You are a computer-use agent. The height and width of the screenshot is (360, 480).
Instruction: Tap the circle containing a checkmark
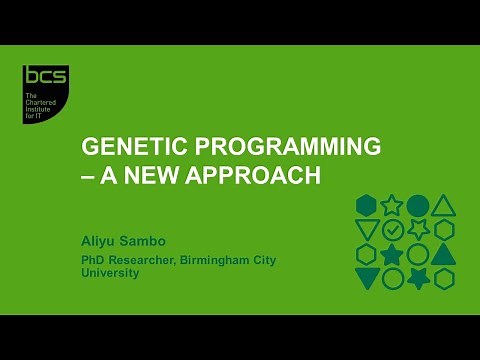pos(392,230)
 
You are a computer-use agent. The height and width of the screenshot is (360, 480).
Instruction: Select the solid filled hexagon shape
pos(366,206)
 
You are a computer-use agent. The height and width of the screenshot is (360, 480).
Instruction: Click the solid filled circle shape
pos(418,206)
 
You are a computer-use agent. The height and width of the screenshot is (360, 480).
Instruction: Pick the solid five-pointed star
pos(392,254)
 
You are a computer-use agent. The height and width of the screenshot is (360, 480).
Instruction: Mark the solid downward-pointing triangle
pos(366,278)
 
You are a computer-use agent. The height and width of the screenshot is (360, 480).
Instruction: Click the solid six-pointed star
pos(418,278)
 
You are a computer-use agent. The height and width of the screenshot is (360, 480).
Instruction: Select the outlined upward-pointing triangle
pos(443,206)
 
